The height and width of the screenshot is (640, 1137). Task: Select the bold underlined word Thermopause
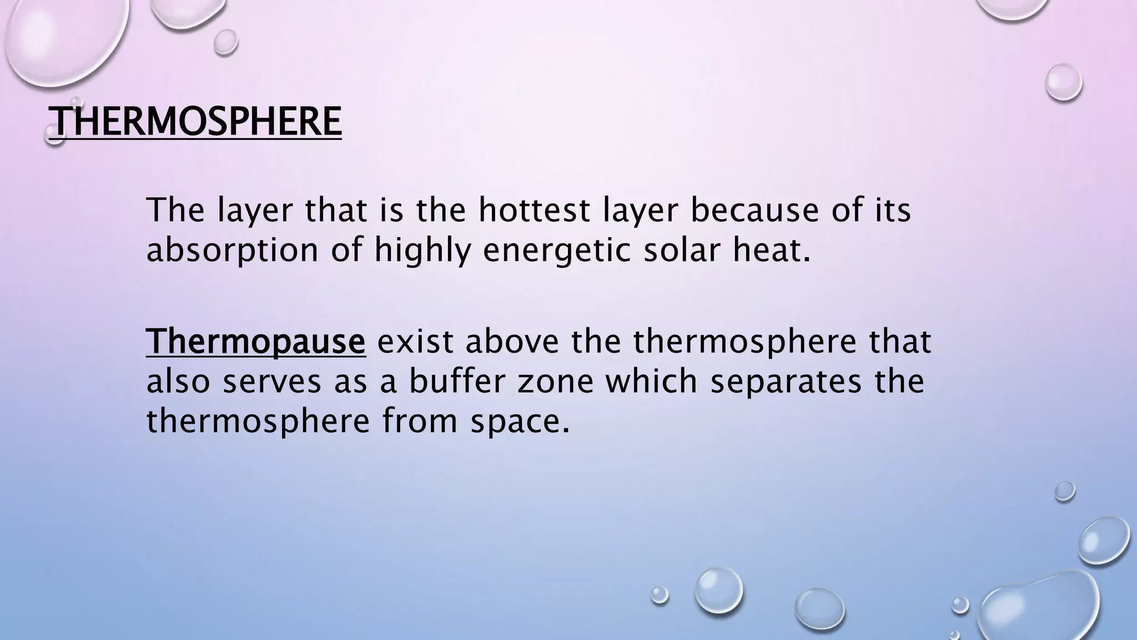tap(256, 341)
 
